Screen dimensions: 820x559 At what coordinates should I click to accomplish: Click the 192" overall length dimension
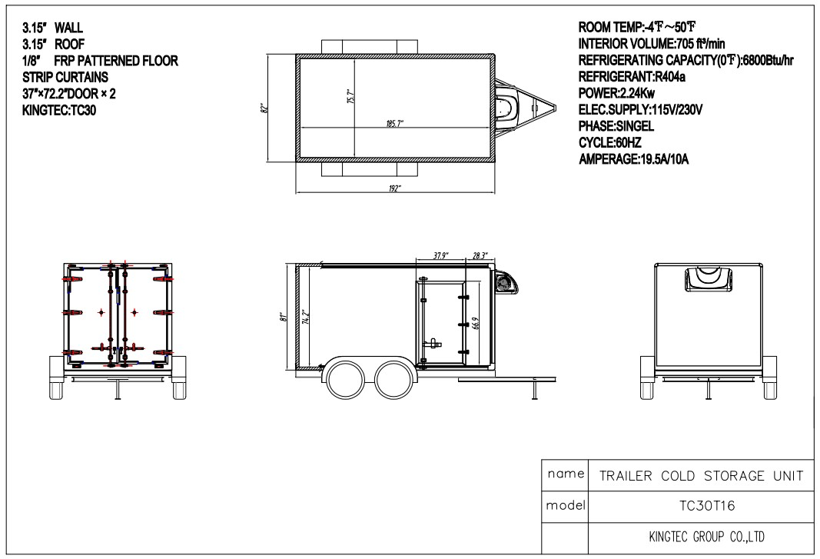coord(395,188)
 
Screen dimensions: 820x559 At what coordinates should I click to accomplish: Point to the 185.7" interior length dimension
coord(394,124)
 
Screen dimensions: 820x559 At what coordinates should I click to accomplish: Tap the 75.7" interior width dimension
coord(350,96)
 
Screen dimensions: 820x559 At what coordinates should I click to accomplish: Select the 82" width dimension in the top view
coord(264,108)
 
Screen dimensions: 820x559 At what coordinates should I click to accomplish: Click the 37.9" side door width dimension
coord(441,256)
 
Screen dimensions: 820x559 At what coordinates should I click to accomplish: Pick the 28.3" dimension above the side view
coord(480,256)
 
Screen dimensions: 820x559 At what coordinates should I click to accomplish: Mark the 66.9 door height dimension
coord(475,323)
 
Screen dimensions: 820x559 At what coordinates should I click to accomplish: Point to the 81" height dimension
coord(284,316)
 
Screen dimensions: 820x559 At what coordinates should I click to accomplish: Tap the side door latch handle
coord(433,344)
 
